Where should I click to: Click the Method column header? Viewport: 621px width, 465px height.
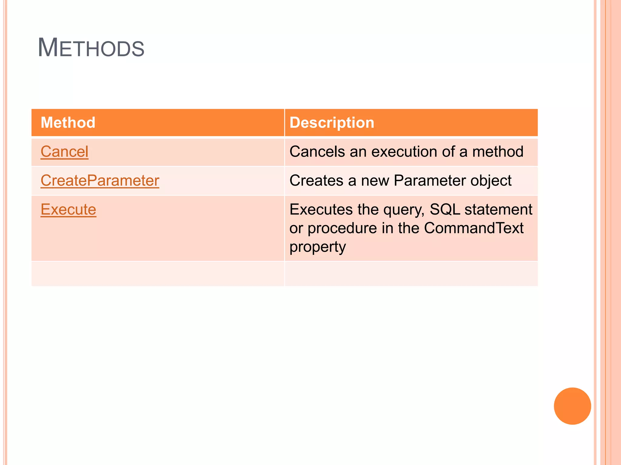click(68, 123)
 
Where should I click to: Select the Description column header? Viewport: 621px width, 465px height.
click(332, 123)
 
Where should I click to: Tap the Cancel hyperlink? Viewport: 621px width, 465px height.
click(64, 152)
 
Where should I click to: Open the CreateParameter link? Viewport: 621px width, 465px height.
click(100, 181)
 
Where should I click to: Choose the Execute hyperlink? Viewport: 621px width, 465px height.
click(68, 209)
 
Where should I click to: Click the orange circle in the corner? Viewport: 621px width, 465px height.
click(572, 406)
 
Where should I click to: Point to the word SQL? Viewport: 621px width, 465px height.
click(445, 209)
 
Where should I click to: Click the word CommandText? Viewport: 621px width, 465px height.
click(474, 228)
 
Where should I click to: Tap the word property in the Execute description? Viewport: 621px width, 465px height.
click(317, 247)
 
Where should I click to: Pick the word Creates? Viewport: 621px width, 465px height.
click(316, 181)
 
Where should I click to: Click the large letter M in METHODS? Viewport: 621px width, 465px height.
click(48, 48)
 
